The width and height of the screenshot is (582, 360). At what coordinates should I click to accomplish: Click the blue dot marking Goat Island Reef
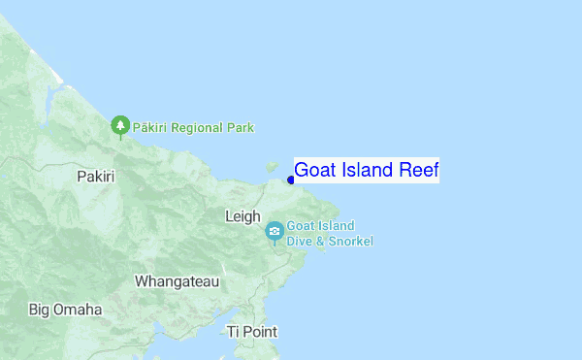pyautogui.click(x=290, y=180)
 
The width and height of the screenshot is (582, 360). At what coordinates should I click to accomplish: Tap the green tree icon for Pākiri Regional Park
pyautogui.click(x=120, y=125)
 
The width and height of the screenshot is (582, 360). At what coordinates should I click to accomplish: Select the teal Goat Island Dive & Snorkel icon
pyautogui.click(x=275, y=231)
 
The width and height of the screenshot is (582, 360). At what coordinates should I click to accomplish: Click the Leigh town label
pyautogui.click(x=242, y=216)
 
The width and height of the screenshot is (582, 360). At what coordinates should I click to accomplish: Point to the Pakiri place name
pyautogui.click(x=95, y=177)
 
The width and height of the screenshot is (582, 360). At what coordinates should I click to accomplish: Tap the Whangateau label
pyautogui.click(x=177, y=281)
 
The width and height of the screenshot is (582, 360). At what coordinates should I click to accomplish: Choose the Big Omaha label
pyautogui.click(x=65, y=310)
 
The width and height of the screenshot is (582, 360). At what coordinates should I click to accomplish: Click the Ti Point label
pyautogui.click(x=251, y=332)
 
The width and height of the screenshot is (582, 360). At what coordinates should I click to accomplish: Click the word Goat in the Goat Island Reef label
pyautogui.click(x=314, y=171)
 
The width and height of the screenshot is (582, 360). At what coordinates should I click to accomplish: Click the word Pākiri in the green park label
pyautogui.click(x=152, y=127)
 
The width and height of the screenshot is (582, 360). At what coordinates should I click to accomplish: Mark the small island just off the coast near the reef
pyautogui.click(x=273, y=167)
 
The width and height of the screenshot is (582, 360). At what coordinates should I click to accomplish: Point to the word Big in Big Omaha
pyautogui.click(x=40, y=310)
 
